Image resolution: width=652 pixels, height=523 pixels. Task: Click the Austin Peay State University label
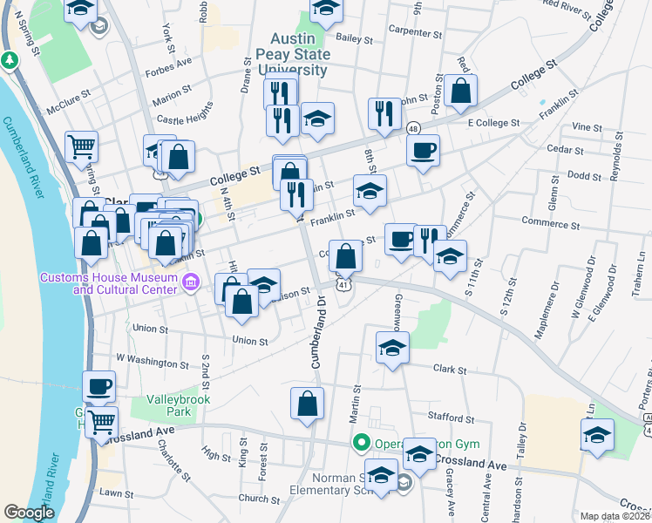click(x=298, y=55)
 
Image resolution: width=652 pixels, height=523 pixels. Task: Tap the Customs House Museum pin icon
click(x=194, y=282)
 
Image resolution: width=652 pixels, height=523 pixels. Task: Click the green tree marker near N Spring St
click(x=10, y=61)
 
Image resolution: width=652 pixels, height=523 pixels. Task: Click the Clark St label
click(x=451, y=368)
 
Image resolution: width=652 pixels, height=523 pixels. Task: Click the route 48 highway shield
click(x=412, y=129)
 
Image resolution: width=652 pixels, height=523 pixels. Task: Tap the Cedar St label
click(x=566, y=150)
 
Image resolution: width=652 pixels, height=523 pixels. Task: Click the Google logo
click(x=29, y=513)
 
